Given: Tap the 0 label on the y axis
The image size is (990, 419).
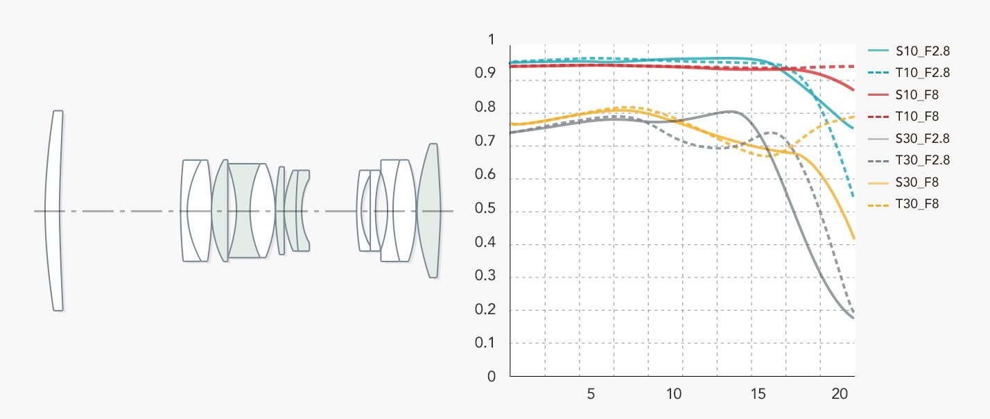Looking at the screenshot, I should point(492,377).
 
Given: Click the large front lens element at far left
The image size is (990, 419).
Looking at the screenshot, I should point(53,210).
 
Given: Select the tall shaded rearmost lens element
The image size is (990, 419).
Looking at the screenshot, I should point(430,210).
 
